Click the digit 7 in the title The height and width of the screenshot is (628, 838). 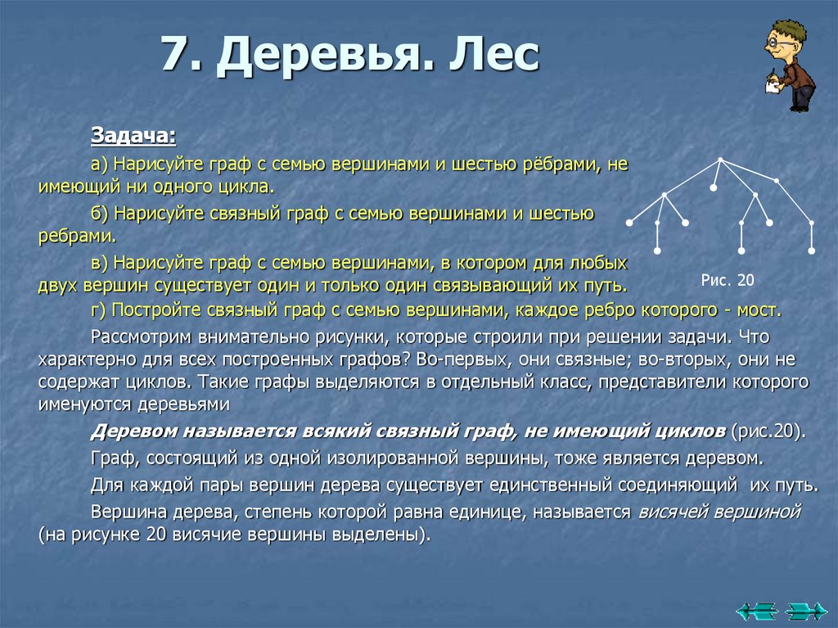(x=176, y=55)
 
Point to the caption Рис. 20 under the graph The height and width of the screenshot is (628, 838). (x=728, y=280)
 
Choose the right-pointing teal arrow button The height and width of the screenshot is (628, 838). (x=805, y=610)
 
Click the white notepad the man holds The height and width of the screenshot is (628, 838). (x=772, y=85)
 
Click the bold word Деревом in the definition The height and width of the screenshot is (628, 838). (x=133, y=431)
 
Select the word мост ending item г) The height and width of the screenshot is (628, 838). (x=760, y=310)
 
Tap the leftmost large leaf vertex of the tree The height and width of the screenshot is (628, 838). (x=630, y=223)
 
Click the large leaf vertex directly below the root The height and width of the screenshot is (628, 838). (x=713, y=188)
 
